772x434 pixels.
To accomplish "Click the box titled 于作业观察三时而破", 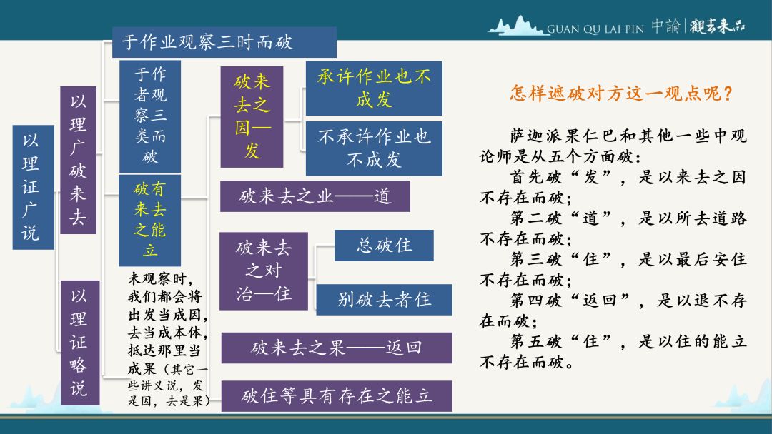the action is (224, 42).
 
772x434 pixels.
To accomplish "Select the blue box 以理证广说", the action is (33, 187).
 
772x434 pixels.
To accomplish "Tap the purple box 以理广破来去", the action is (79, 160).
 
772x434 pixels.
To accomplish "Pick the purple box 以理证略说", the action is (80, 343).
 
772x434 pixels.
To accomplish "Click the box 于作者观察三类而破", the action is (150, 116).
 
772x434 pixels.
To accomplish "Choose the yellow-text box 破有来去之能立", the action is (149, 220).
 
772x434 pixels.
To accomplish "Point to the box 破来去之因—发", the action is (252, 117).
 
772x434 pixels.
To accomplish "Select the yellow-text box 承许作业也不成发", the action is (374, 88).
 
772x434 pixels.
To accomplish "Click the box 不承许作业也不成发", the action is (374, 148).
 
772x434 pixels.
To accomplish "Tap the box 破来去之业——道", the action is (315, 196).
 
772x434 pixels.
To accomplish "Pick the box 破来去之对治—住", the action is (263, 271).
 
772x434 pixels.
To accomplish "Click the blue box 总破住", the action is (384, 246).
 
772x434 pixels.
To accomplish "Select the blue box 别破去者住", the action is (384, 299).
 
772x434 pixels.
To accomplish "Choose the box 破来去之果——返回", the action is (337, 348).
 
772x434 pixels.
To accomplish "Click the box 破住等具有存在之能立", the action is (337, 395).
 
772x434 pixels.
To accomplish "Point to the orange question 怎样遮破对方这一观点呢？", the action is (621, 93).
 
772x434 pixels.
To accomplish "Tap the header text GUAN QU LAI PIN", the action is (595, 29).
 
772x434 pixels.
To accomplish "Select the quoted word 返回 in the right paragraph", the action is (600, 300).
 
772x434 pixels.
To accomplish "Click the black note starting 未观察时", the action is (168, 339).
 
